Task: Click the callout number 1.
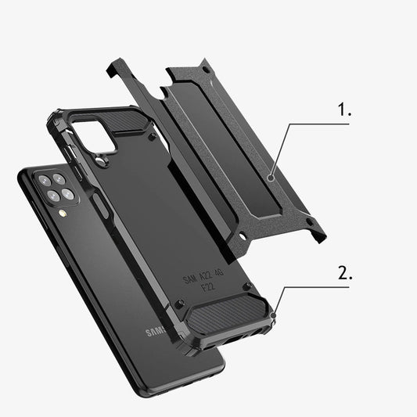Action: point(344,111)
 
